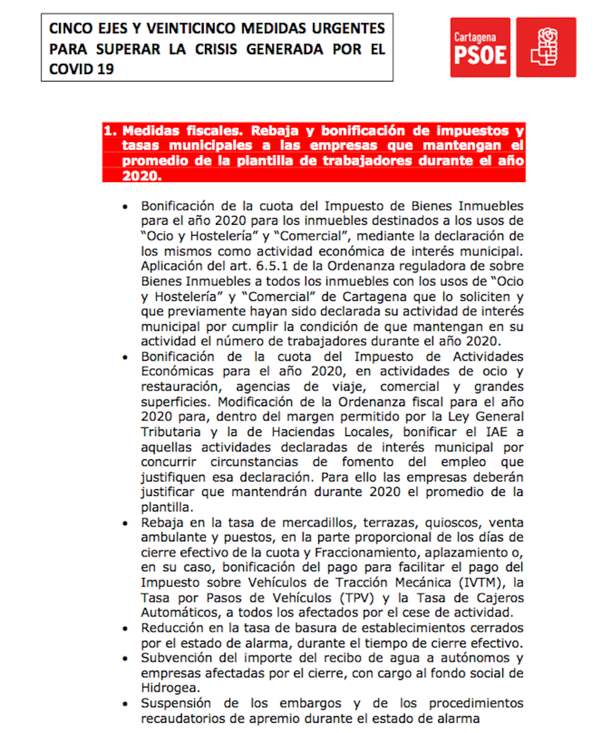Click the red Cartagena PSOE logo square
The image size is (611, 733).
tap(480, 48)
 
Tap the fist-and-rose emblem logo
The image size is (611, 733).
tap(546, 48)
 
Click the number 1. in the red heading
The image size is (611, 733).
tap(111, 130)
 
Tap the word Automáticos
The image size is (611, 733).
tap(179, 613)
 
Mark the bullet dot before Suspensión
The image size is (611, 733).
tap(124, 704)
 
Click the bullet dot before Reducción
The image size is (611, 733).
tap(124, 628)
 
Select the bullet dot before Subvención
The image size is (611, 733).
tap(124, 658)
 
